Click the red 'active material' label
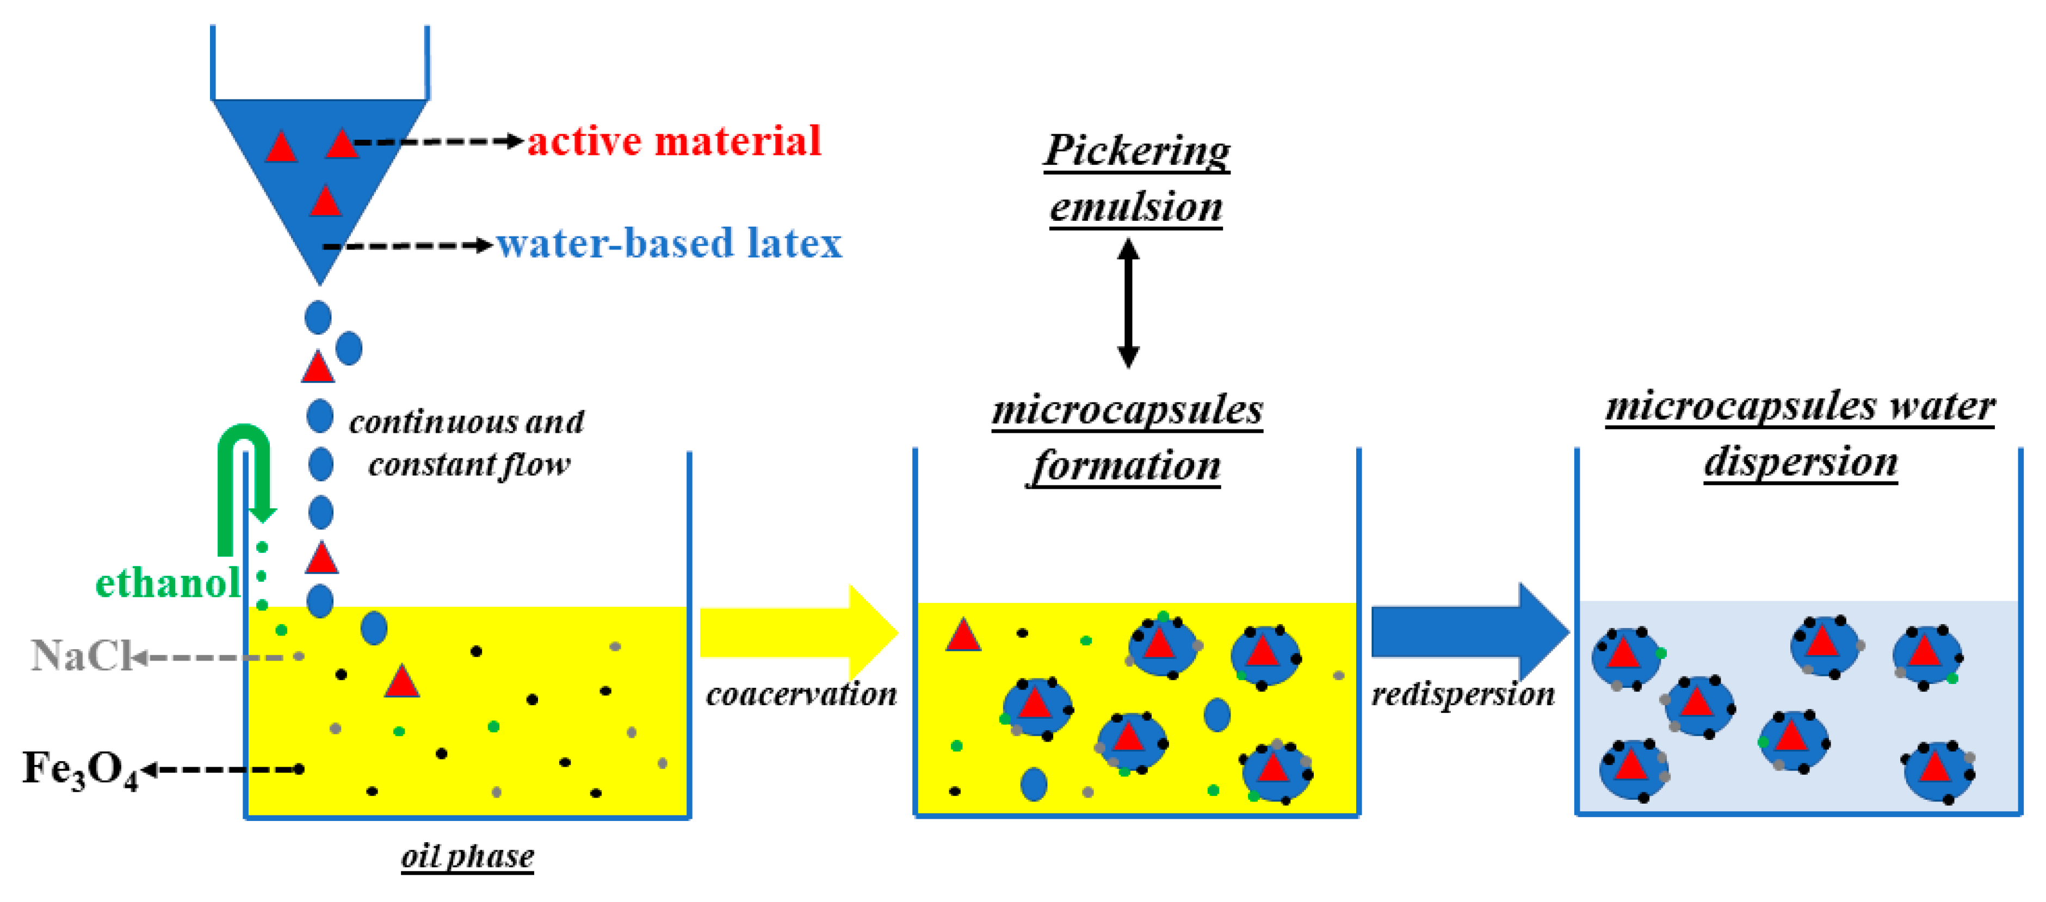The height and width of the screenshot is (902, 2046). [673, 142]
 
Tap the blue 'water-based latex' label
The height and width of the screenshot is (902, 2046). [669, 244]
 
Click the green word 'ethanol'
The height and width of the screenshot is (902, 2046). [168, 583]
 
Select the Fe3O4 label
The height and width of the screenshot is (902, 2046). [80, 769]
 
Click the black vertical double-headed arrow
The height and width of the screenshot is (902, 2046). [1128, 303]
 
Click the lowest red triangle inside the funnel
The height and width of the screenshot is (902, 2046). [325, 201]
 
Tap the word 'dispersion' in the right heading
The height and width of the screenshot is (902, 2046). [1801, 462]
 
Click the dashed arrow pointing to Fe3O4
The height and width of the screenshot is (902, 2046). [222, 769]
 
